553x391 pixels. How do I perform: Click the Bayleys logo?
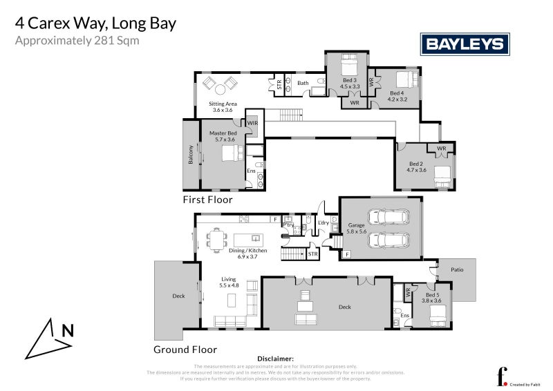tap(465, 45)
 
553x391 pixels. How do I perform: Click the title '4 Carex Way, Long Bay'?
tap(95, 23)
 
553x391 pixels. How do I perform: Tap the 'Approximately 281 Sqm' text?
tap(77, 41)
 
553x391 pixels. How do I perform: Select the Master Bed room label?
tap(223, 136)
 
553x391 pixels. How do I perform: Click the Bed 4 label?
tap(396, 96)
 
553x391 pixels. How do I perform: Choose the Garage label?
tap(356, 228)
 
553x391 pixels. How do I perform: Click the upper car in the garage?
tap(388, 217)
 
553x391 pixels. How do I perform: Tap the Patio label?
tap(457, 270)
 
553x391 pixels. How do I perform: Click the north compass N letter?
tap(67, 330)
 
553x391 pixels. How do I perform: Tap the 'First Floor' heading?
tap(207, 200)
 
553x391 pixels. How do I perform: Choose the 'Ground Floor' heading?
tap(185, 350)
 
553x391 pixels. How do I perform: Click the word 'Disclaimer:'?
tap(275, 359)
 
